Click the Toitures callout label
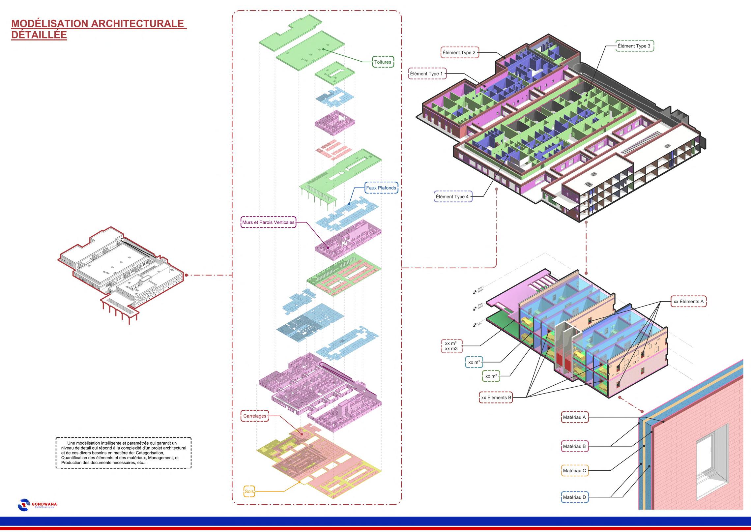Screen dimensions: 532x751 coord(383,62)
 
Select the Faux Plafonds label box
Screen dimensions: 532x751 coord(381,188)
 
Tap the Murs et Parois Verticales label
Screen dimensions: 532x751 coord(268,222)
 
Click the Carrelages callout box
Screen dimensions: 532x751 coord(255,416)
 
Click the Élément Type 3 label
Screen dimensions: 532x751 coord(634,46)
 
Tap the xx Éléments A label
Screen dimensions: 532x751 coord(688,301)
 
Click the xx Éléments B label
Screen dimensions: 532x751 coord(496,398)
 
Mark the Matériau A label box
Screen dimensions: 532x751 coord(574,417)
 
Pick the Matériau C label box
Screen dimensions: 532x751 coord(574,471)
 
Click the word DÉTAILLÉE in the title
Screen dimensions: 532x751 coord(39,35)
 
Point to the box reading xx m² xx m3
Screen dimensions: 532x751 coord(451,346)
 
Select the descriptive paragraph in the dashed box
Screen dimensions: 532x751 coord(123,453)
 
